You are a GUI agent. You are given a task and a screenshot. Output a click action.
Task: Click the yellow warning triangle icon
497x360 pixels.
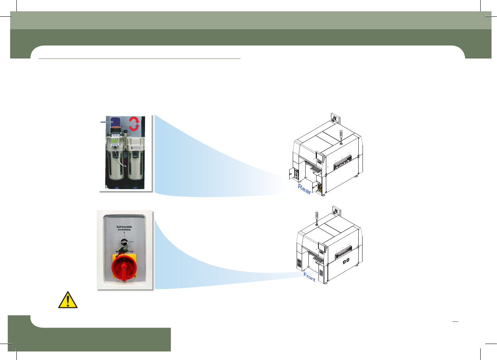click(x=67, y=300)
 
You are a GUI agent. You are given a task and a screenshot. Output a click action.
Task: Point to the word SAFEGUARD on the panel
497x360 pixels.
click(x=124, y=226)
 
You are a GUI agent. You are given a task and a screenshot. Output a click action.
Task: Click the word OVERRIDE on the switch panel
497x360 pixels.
click(x=124, y=230)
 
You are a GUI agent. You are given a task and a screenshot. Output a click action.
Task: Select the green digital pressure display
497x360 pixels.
click(x=115, y=141)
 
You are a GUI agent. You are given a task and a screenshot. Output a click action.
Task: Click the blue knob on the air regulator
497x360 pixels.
click(x=116, y=122)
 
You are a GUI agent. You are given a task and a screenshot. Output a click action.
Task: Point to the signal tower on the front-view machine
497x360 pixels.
click(x=316, y=218)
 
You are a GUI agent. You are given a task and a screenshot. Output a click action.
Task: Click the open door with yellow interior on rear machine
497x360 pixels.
click(x=319, y=188)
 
